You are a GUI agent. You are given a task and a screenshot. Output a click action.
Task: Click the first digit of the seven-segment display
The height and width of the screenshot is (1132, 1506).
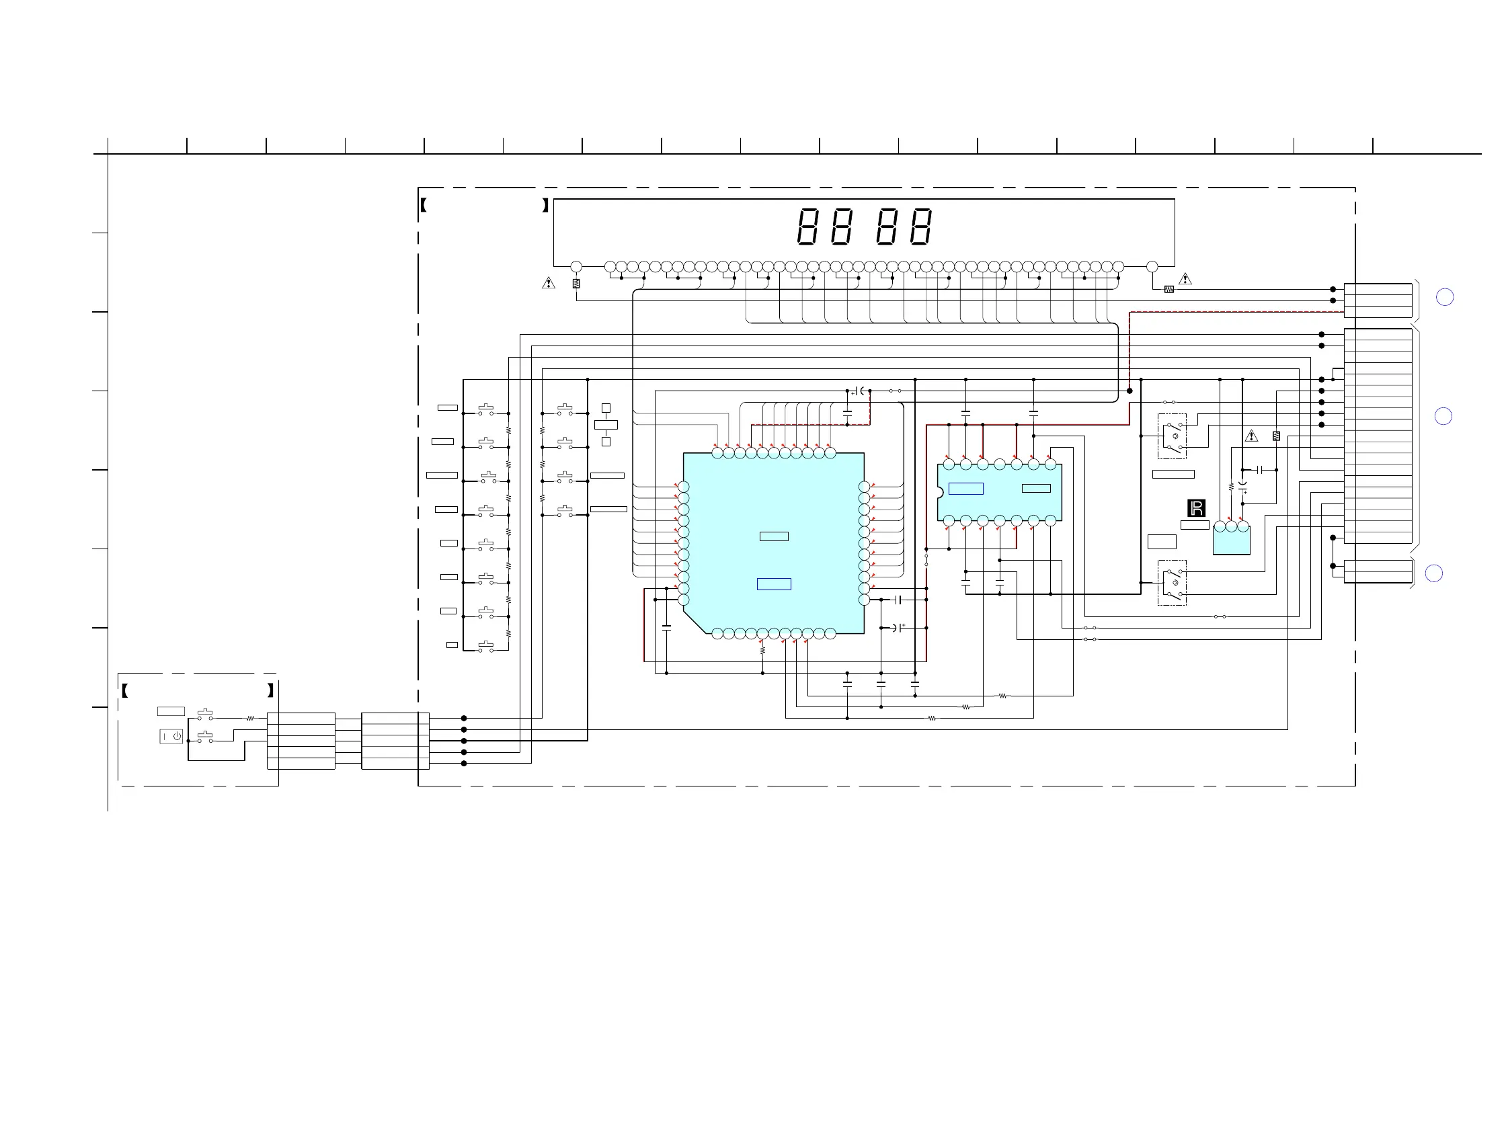coord(807,227)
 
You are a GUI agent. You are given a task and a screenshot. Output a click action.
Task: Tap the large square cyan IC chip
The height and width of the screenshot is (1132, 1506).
coord(773,543)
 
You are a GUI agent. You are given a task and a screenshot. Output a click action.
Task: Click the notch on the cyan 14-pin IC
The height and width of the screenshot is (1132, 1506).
coord(940,492)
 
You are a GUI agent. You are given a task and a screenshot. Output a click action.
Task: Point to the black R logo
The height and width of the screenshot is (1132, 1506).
coord(1196,508)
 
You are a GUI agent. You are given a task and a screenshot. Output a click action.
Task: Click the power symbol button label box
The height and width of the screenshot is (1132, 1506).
coord(171,737)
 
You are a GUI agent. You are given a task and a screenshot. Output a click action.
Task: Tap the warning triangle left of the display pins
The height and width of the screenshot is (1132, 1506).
coord(548,282)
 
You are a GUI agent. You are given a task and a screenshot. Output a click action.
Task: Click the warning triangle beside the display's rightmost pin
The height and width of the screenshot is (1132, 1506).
coord(1185,278)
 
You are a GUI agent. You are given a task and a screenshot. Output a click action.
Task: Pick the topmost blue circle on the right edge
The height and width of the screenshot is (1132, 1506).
coord(1444,298)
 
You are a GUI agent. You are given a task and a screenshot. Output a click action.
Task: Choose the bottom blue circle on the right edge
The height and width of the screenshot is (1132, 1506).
coord(1434,574)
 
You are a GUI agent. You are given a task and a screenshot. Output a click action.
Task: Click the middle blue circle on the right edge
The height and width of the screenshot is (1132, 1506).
coord(1443,416)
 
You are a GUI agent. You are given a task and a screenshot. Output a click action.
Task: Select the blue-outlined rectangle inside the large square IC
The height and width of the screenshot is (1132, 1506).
coord(774,584)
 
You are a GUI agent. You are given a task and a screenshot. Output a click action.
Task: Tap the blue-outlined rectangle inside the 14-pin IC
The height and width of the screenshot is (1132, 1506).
coord(965,488)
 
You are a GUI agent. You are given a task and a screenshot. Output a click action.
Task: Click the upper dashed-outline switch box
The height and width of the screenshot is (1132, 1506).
coord(1172,436)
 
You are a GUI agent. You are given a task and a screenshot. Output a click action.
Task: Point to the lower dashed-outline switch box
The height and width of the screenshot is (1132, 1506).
coord(1172,583)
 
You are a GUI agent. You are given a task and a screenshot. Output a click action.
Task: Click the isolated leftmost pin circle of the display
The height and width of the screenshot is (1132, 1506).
coord(576,267)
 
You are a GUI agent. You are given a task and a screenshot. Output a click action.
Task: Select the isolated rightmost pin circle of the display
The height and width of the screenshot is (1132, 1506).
coord(1152,267)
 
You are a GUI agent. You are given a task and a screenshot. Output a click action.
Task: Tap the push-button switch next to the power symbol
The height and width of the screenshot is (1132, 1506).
coord(205,737)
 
